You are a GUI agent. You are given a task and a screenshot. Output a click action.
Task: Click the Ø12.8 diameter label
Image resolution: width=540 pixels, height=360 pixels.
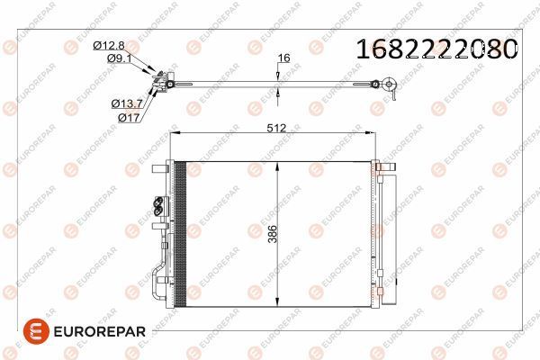coord(109,45)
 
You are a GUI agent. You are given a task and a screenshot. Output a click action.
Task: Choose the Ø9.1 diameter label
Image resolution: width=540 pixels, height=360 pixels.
coord(120,58)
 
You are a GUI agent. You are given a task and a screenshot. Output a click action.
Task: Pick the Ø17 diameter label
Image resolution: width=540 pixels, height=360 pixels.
coord(130,116)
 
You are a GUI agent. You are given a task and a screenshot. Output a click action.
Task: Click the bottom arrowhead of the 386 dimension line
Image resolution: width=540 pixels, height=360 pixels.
coord(281,301)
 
